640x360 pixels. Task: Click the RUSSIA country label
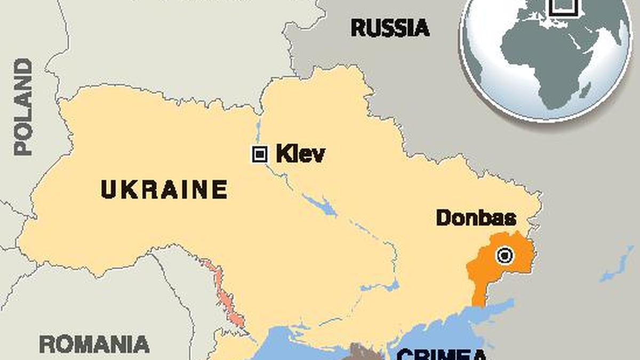pos(390,28)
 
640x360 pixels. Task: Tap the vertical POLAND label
pos(23,107)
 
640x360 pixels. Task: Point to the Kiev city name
pos(300,155)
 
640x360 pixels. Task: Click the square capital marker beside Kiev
pos(259,155)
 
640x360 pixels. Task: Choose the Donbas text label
pos(476,218)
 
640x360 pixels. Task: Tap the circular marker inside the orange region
pos(505,256)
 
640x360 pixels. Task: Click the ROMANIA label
pos(94,344)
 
